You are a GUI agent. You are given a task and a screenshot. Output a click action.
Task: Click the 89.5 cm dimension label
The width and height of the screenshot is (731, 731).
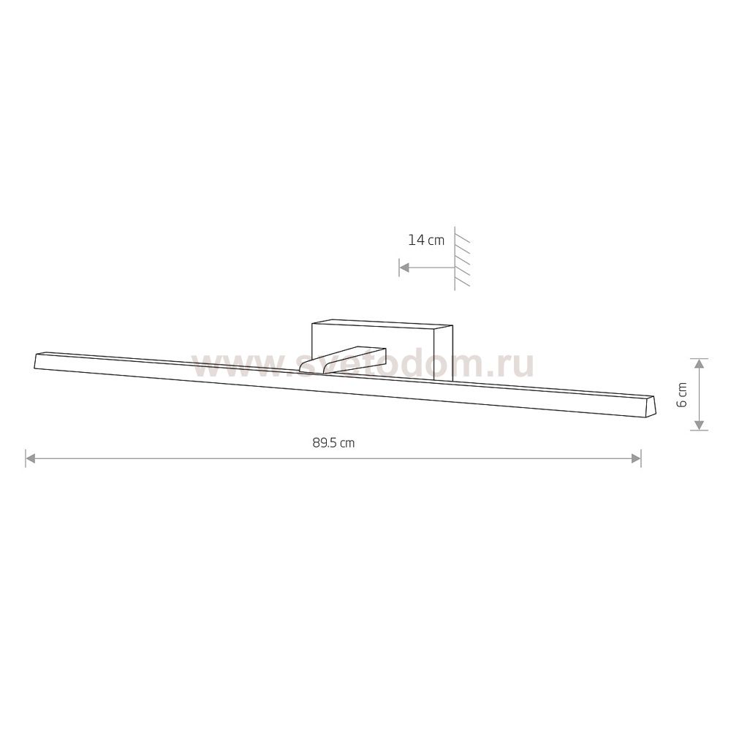(x=333, y=442)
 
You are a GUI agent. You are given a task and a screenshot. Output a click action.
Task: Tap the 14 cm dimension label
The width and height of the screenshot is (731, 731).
(x=426, y=240)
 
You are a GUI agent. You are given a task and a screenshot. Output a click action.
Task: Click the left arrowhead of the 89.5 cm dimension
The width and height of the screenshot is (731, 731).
(x=31, y=459)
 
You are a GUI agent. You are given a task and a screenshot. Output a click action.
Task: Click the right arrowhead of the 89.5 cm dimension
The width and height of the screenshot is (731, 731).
(x=636, y=459)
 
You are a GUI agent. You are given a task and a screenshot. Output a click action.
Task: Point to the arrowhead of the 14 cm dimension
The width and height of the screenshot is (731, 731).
(x=404, y=268)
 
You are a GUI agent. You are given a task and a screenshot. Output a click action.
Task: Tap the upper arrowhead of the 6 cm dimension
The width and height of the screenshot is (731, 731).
(x=698, y=364)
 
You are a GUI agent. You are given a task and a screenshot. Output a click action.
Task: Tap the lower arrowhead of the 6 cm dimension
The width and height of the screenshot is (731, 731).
(x=698, y=425)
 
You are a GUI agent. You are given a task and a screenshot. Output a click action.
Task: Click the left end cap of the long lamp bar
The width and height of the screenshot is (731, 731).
(x=38, y=361)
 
